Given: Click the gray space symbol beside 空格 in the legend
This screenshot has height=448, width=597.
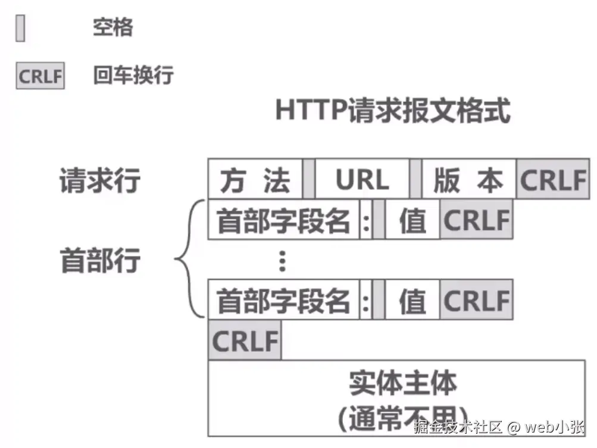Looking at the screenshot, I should click(20, 28).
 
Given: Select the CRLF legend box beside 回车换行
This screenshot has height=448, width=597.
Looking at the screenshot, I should click(40, 77).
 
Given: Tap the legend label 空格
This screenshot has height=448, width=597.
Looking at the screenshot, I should click(112, 27).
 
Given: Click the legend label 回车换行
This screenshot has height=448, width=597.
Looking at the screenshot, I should click(133, 76).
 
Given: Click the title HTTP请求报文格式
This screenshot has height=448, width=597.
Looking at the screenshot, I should click(393, 111).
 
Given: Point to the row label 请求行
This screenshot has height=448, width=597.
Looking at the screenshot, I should click(99, 180).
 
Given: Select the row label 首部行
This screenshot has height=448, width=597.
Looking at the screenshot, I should click(100, 261).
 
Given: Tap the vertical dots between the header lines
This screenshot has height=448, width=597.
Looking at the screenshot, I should click(283, 261).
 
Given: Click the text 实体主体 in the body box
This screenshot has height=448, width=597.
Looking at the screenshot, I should click(403, 384).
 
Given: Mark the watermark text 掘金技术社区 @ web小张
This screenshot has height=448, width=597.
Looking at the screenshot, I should click(499, 427).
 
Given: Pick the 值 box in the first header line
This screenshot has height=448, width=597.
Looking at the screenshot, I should click(412, 220).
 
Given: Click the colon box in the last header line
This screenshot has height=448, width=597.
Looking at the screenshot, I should click(366, 301).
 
